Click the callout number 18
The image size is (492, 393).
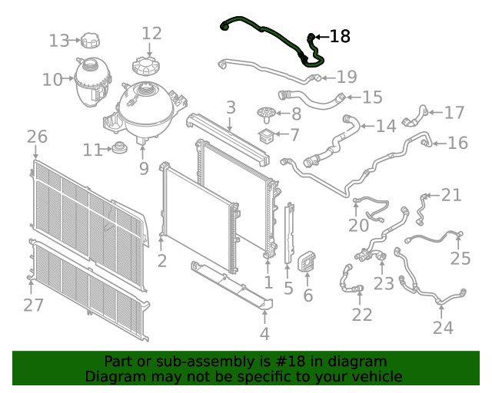pyautogui.click(x=339, y=36)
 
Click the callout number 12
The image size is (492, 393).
pyautogui.click(x=151, y=33)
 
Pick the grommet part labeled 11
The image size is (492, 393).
pyautogui.click(x=119, y=149)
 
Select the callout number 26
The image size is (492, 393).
pyautogui.click(x=37, y=137)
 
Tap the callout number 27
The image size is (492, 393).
pyautogui.click(x=32, y=305)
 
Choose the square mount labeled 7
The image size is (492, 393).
pyautogui.click(x=267, y=138)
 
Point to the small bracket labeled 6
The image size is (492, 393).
pyautogui.click(x=307, y=262)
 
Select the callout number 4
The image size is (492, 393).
pyautogui.click(x=264, y=334)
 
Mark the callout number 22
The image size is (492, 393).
pyautogui.click(x=361, y=314)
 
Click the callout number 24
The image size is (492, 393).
pyautogui.click(x=443, y=328)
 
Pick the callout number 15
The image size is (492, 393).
pyautogui.click(x=372, y=97)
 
